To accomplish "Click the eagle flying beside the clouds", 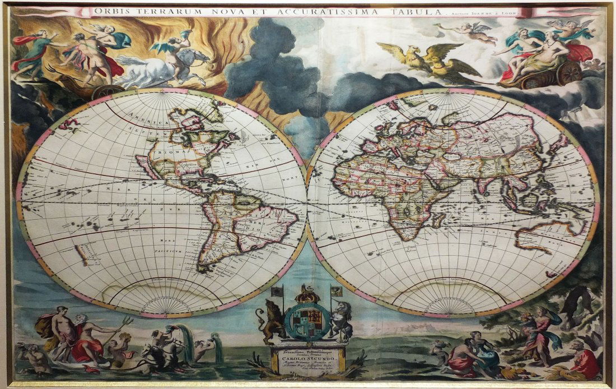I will click(426, 61).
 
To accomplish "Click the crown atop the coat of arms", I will click(307, 293).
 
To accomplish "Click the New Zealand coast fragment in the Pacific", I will click(82, 255).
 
